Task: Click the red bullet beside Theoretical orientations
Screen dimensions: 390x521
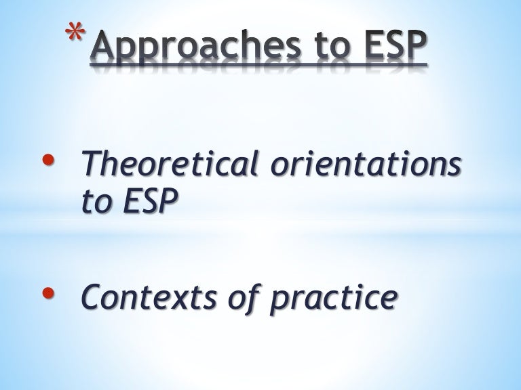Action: pos(48,158)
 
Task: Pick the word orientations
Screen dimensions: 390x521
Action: pos(364,165)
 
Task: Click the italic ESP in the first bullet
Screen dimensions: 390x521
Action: pos(150,202)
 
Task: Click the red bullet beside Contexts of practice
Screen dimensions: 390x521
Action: pos(48,293)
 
